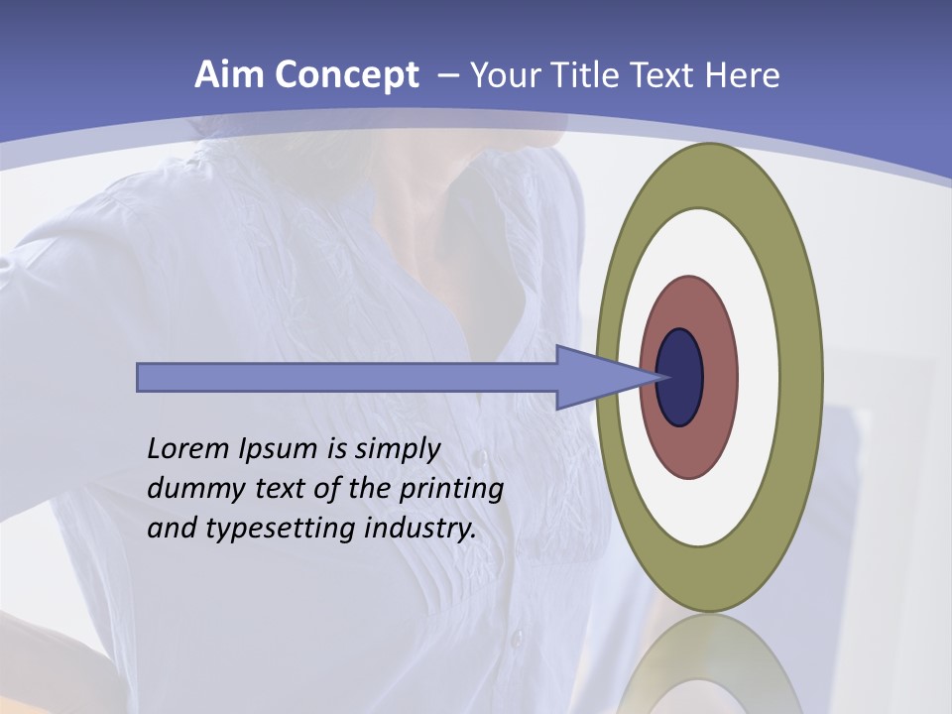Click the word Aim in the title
[229, 75]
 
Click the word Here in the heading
[744, 75]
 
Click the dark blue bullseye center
[681, 377]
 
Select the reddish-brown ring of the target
[719, 377]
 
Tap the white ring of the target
[759, 377]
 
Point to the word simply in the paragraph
[397, 450]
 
